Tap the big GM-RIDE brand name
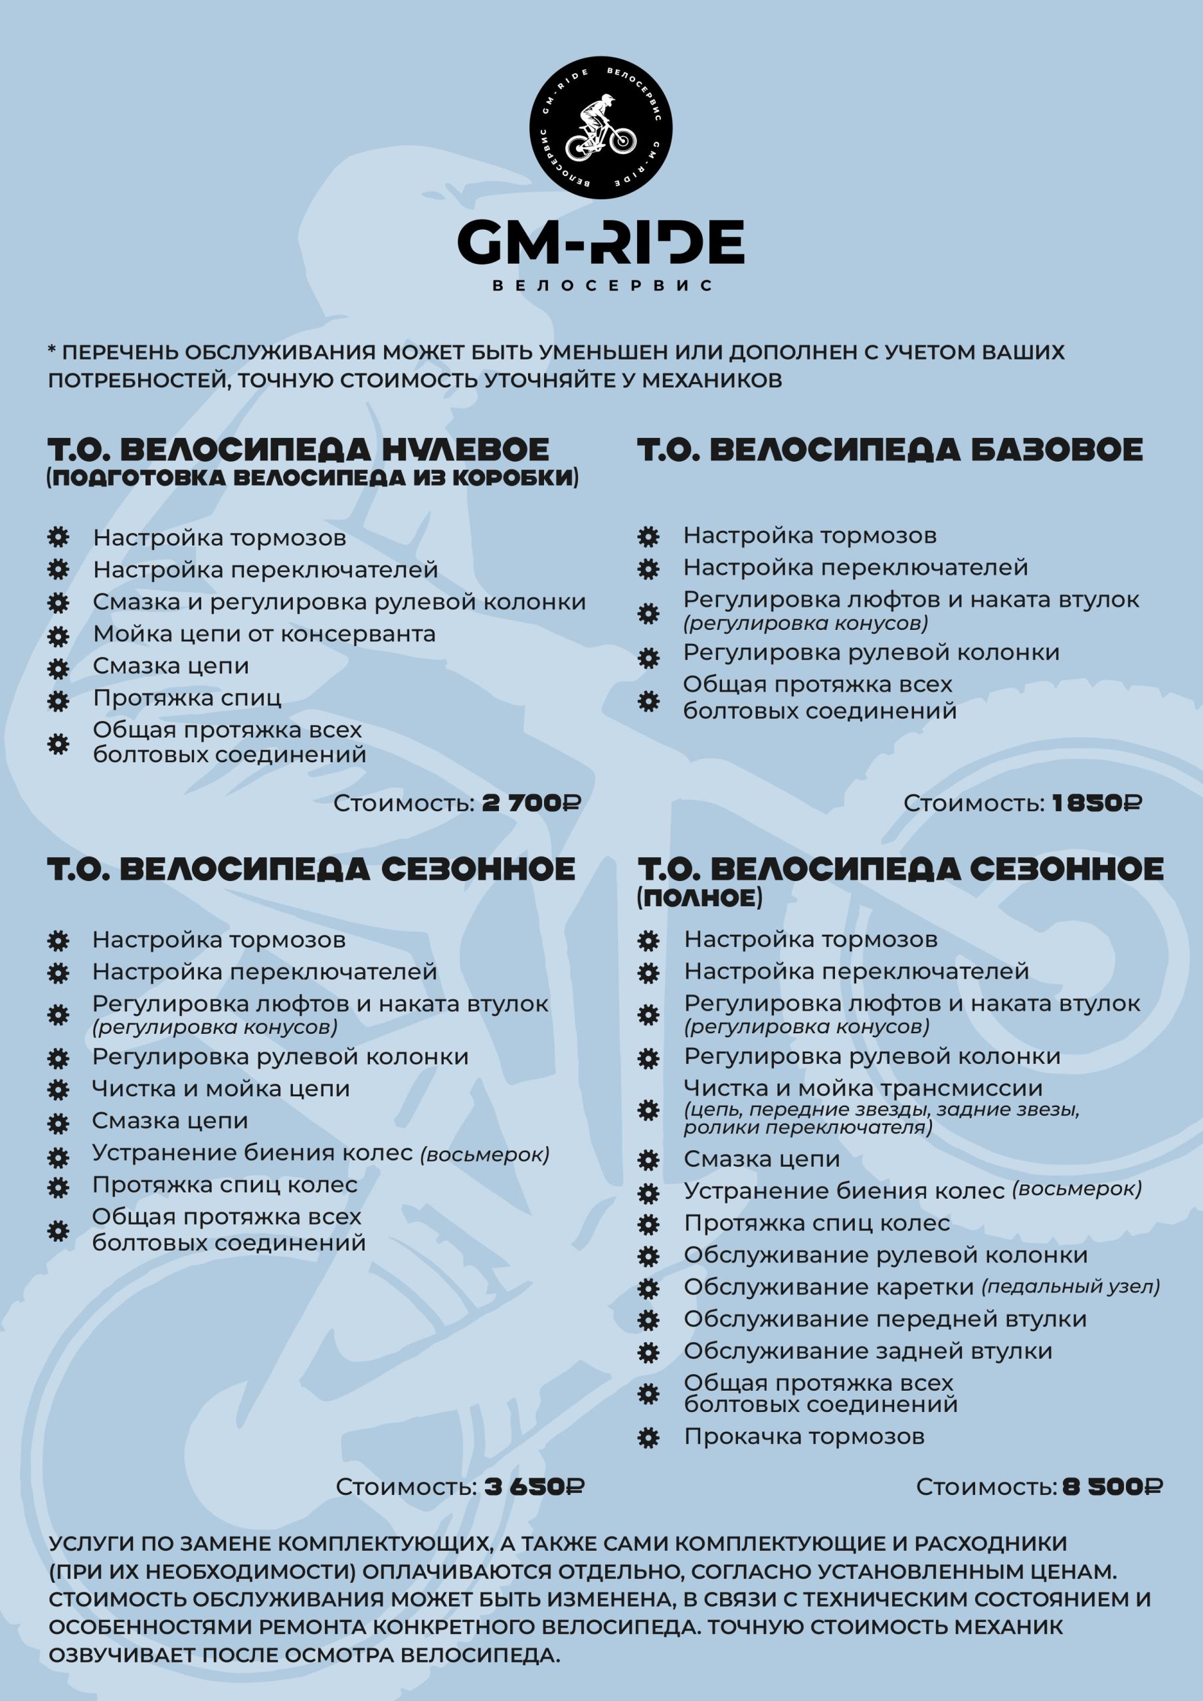click(601, 241)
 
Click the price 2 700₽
click(531, 803)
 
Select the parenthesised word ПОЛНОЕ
click(700, 898)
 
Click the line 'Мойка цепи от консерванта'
click(264, 634)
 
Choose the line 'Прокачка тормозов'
click(804, 1437)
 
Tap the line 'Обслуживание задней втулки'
click(868, 1351)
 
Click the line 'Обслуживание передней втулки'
click(884, 1319)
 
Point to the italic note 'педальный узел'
click(1070, 1287)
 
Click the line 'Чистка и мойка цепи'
click(221, 1088)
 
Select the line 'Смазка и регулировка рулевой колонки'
click(339, 601)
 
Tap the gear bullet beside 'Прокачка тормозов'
click(648, 1438)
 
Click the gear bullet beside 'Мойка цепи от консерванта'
click(58, 636)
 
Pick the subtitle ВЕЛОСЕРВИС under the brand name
click(601, 286)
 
